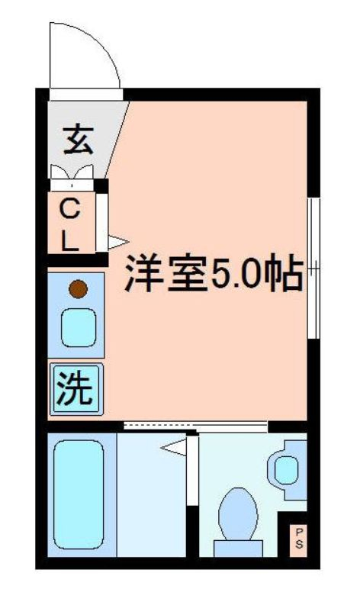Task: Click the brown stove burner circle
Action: (78, 289)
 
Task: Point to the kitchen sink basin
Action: (78, 327)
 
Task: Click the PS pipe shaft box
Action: (298, 537)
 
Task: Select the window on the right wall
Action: (311, 267)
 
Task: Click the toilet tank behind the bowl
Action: (236, 548)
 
